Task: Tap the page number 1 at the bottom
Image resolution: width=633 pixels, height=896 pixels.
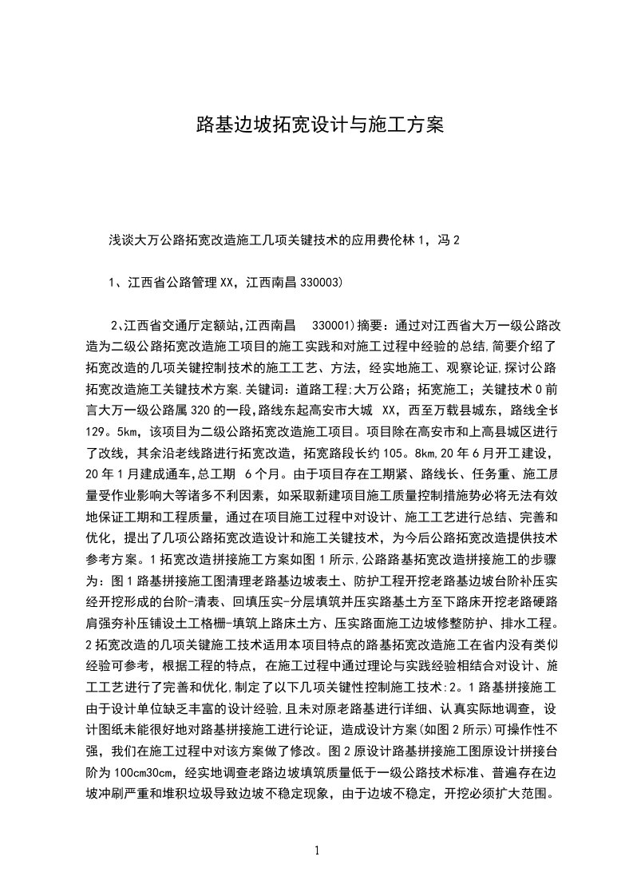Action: [x=317, y=850]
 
